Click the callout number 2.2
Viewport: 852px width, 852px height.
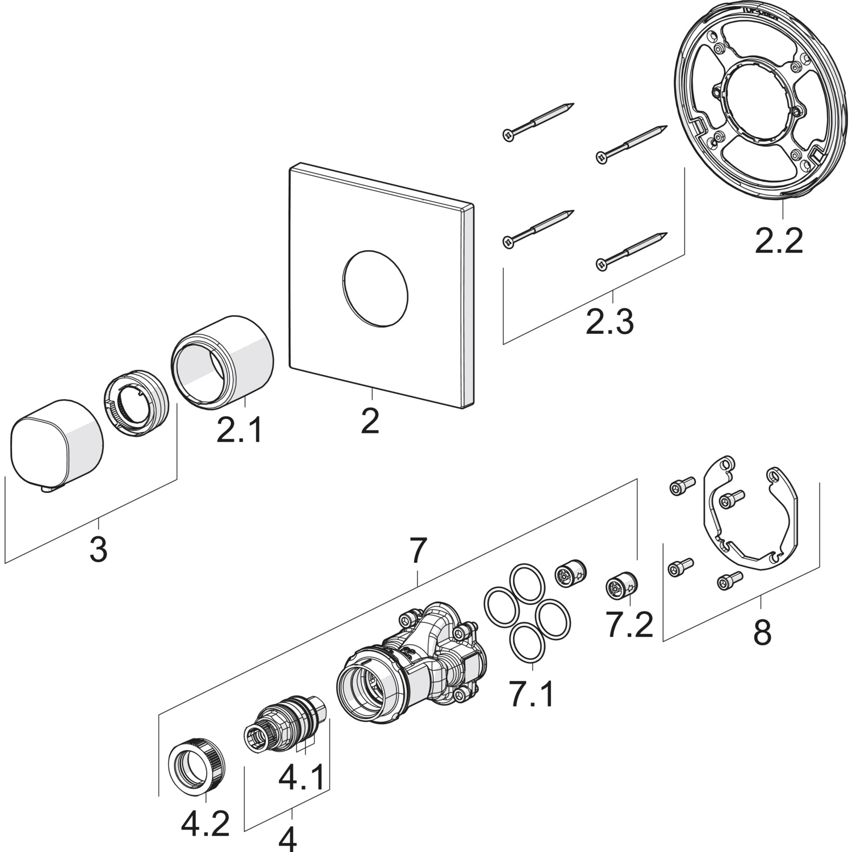click(x=779, y=241)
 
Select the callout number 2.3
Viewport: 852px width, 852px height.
click(x=609, y=321)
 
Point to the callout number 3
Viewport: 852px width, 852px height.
click(x=99, y=550)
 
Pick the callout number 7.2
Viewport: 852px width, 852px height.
click(x=628, y=625)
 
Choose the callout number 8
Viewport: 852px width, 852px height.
click(x=762, y=633)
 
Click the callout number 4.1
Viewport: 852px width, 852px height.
click(x=303, y=776)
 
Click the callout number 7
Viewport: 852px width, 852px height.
click(x=417, y=550)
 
